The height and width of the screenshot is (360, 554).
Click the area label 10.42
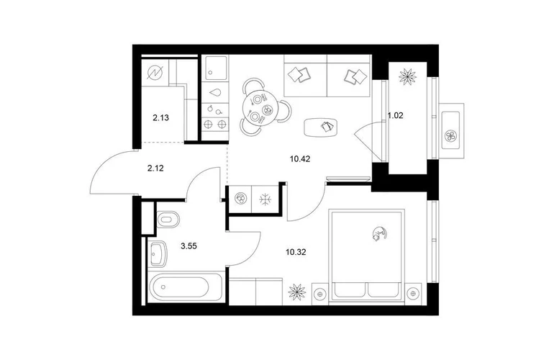(300, 159)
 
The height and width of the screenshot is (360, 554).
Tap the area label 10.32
(296, 252)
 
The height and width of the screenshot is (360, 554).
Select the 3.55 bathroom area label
(189, 246)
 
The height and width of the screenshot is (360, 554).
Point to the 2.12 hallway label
(155, 168)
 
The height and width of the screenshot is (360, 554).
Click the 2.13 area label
(160, 118)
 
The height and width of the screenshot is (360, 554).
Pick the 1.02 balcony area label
(396, 115)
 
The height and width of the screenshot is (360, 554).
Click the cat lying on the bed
(379, 234)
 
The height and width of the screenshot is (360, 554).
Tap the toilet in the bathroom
(168, 220)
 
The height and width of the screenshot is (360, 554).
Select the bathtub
(185, 287)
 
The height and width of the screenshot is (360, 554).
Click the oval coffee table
(320, 127)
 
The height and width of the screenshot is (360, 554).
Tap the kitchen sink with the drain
(216, 68)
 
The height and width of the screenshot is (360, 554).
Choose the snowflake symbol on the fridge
(265, 199)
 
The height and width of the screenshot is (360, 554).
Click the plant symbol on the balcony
(407, 76)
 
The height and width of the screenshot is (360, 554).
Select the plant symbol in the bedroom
(296, 292)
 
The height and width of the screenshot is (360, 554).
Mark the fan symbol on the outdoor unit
(450, 135)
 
